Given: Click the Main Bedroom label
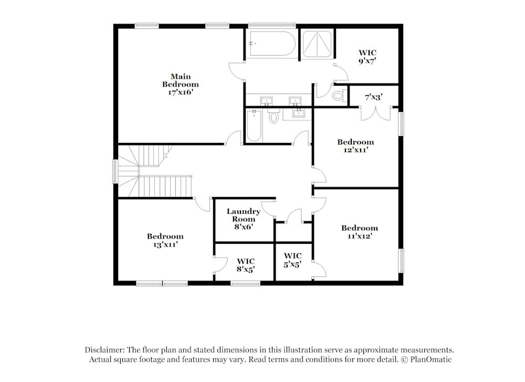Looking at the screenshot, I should (x=180, y=84).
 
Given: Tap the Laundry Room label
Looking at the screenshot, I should (x=243, y=219).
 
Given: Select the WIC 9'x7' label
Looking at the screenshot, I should (x=367, y=57).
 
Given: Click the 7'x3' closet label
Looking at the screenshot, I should (x=373, y=97).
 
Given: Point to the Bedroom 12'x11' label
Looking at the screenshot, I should (x=355, y=146).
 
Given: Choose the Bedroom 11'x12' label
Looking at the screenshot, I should (x=360, y=232).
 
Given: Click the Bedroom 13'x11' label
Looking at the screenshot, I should (x=165, y=240).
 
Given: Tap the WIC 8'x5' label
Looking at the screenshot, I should (x=246, y=265).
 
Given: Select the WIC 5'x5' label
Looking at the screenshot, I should (x=292, y=261).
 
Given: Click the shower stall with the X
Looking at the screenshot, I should (x=318, y=44).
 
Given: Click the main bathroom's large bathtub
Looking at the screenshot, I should (x=271, y=44).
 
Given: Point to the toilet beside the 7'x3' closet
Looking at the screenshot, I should (x=338, y=96).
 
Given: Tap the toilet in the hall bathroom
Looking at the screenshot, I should (x=274, y=117).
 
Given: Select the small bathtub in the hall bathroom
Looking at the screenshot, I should (x=255, y=126).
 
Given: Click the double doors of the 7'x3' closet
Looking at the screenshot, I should (x=375, y=112).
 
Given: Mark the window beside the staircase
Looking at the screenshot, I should (x=115, y=172).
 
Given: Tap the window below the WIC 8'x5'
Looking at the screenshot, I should (x=245, y=284).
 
